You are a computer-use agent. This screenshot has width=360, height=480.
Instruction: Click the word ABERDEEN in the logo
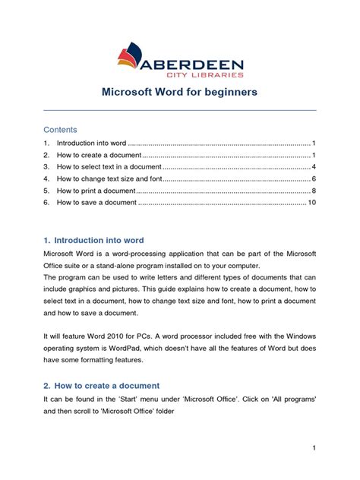199,60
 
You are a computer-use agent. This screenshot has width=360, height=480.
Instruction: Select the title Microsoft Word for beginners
179,93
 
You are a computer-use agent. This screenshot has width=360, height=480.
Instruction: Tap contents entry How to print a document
96,190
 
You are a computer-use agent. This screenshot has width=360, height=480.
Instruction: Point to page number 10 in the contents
311,203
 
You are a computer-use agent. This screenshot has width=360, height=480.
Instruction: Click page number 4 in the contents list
314,166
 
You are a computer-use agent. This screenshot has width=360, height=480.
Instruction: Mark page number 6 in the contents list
314,178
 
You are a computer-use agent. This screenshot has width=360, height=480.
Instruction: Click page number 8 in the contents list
314,190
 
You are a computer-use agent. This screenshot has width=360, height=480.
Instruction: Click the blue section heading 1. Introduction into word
93,240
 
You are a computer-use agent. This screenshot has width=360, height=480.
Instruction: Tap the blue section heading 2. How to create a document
101,385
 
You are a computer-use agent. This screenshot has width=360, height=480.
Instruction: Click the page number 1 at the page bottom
314,449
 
